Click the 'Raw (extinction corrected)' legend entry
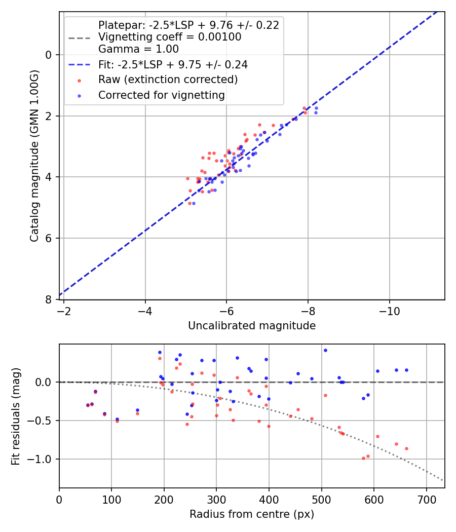[x=168, y=80]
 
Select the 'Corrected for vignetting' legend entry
[x=161, y=95]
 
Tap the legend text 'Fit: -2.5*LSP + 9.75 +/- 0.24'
[x=173, y=65]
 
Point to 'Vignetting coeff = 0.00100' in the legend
[x=169, y=37]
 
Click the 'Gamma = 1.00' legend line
[x=138, y=49]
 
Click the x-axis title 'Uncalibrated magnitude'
[x=252, y=326]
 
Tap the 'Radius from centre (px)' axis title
[x=252, y=514]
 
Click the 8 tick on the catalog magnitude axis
[x=49, y=299]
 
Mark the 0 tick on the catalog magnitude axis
[x=49, y=55]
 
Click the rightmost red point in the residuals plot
[x=406, y=448]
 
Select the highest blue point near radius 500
[x=325, y=350]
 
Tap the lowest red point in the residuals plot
[x=363, y=458]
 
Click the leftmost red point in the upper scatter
[x=187, y=178]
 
